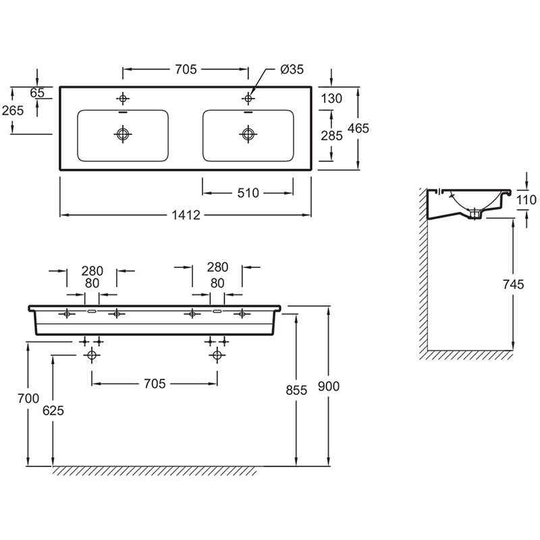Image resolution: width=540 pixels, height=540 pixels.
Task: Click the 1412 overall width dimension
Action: pos(186,215)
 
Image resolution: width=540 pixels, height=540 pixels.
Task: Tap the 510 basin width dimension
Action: pos(248,194)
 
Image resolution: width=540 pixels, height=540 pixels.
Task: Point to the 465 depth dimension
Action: pos(359,128)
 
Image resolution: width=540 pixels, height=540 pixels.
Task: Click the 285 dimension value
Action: pos(331,136)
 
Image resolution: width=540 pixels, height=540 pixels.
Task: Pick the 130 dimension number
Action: pos(331,99)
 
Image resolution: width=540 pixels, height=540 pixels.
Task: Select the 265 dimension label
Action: pos(13,110)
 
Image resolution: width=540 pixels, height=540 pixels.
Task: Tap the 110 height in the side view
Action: pos(526,199)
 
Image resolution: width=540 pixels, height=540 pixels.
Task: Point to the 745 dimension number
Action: pos(513,285)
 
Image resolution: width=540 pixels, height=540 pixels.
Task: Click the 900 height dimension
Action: pos(329,386)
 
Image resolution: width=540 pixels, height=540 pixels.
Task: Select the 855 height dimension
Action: pos(296,389)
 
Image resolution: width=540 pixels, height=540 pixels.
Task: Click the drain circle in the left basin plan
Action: pos(122,134)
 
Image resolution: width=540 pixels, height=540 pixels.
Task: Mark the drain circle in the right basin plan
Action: pos(248,134)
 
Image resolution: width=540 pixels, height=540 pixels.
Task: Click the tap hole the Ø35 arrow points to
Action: pos(248,99)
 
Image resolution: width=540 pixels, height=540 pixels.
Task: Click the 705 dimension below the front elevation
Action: pos(155,383)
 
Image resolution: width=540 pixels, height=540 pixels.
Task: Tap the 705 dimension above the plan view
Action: pos(186,69)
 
